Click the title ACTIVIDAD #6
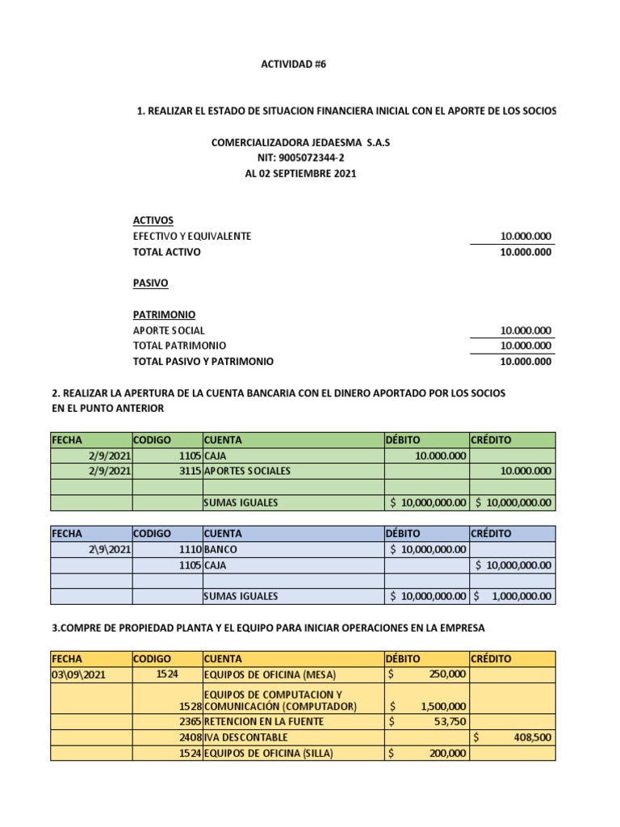point(287,65)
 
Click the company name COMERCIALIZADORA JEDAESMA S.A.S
point(300,142)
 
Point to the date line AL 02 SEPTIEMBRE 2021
point(300,174)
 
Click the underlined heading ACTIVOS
point(153,220)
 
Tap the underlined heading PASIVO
point(150,283)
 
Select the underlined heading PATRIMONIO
point(164,314)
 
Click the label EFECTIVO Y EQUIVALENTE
point(192,236)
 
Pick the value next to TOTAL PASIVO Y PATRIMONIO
point(526,362)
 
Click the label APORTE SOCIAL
point(169,330)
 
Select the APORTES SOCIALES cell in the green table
point(247,471)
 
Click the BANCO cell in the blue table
point(221,549)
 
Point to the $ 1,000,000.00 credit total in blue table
point(513,596)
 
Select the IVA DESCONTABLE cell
point(245,737)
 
